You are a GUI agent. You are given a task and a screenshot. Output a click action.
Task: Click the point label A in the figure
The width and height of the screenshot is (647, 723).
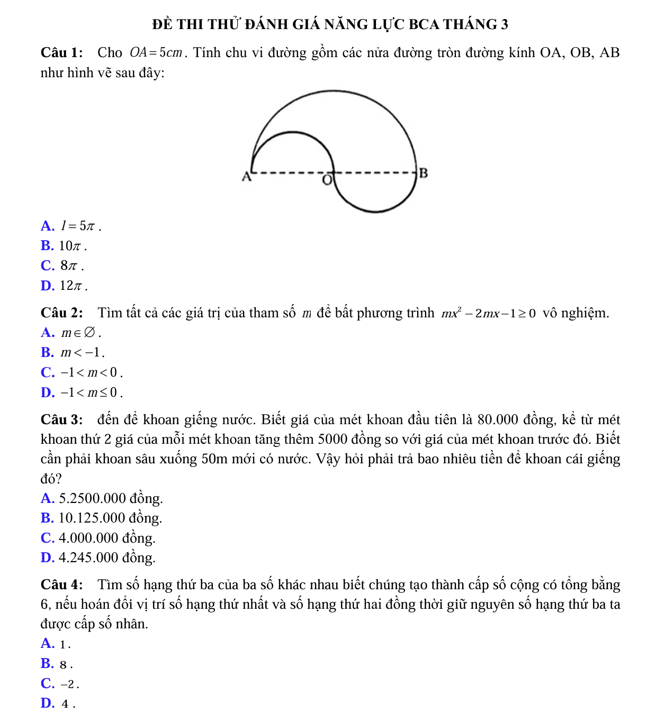(246, 177)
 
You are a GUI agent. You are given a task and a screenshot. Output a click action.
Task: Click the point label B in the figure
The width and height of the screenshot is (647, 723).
(423, 172)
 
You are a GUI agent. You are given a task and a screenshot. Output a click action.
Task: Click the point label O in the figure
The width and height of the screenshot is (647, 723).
(327, 180)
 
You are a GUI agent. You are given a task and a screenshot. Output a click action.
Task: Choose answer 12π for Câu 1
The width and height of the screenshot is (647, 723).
(73, 286)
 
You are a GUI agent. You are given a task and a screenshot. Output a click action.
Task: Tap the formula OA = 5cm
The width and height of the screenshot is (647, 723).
(156, 53)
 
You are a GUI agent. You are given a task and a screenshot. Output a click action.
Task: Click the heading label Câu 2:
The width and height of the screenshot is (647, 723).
(61, 313)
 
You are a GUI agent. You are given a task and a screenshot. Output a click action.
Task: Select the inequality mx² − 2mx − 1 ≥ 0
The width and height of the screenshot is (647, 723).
(489, 313)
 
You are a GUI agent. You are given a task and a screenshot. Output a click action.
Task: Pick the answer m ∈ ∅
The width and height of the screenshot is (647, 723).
(79, 333)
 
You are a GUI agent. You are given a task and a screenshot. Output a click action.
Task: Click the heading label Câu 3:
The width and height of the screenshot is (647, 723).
(61, 420)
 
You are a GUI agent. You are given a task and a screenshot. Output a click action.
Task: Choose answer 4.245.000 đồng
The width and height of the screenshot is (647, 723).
(107, 557)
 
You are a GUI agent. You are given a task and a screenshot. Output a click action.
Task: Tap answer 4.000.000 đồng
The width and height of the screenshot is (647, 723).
(107, 538)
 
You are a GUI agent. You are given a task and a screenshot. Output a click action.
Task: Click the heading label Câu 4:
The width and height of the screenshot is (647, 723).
(61, 585)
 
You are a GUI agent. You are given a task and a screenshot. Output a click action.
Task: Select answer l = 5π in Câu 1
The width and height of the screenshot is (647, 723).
(79, 226)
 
